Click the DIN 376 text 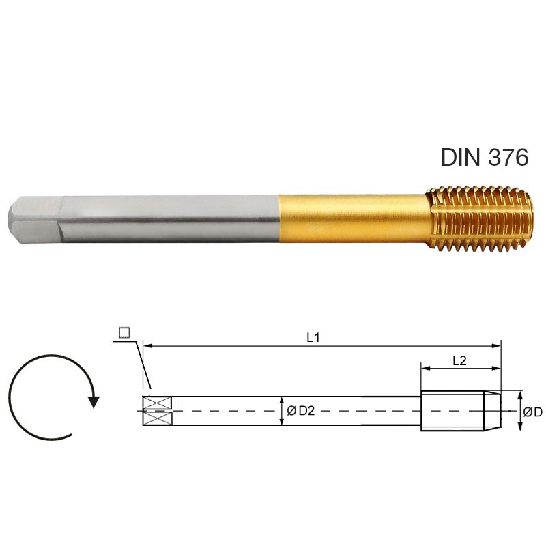coord(485,157)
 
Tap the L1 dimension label coord(313,337)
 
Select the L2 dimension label coord(459,361)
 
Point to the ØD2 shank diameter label coord(300,411)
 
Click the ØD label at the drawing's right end coord(533,412)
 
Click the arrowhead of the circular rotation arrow coord(94,402)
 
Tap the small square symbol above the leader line coord(124,332)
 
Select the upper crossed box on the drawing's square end coord(158,403)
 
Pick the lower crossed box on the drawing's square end coord(158,418)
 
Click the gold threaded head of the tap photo coord(480,219)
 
